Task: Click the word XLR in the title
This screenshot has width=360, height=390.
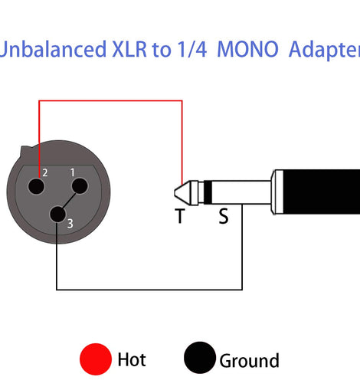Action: tap(129, 49)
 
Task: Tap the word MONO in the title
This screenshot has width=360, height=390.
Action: tap(247, 49)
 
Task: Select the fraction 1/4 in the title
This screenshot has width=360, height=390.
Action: tap(192, 49)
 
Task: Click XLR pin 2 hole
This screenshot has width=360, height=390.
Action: tap(36, 186)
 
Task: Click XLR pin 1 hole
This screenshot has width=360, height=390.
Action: tap(80, 185)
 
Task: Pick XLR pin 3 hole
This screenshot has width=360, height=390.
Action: tap(57, 215)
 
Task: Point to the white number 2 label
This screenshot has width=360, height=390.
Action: tap(45, 173)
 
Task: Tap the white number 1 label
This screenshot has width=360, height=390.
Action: tap(73, 172)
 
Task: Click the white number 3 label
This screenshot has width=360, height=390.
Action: tap(70, 224)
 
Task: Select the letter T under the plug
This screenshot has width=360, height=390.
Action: tap(180, 216)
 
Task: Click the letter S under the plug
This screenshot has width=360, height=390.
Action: tap(224, 216)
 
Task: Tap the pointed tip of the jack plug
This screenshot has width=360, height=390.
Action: tap(175, 192)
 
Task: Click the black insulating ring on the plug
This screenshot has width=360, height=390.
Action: tap(208, 192)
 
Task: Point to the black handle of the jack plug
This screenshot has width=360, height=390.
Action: tap(322, 192)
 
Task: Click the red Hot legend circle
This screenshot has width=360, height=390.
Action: tap(96, 359)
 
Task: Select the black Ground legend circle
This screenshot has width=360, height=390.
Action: tap(200, 358)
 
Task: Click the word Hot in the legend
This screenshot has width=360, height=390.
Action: tap(132, 359)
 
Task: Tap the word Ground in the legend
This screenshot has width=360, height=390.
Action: tap(250, 361)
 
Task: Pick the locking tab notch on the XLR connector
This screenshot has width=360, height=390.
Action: tap(25, 150)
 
